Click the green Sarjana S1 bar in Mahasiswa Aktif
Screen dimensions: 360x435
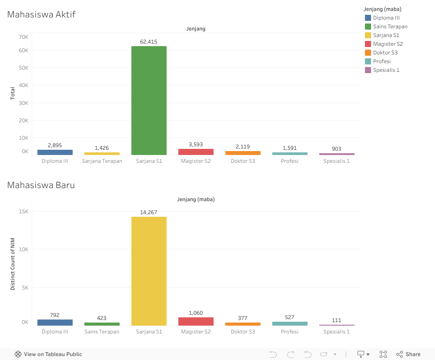click(149, 100)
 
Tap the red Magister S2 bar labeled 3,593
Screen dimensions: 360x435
click(196, 152)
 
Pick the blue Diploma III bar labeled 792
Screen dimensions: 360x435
click(55, 323)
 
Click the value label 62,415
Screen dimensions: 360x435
click(149, 42)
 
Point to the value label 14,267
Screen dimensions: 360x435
click(149, 212)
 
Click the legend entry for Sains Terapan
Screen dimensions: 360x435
click(390, 27)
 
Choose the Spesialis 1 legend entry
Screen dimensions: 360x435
click(386, 70)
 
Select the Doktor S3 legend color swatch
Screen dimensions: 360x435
click(368, 53)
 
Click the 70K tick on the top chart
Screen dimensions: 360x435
click(23, 37)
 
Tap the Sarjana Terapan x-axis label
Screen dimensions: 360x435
click(102, 161)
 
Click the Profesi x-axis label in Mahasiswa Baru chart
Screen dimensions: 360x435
click(290, 332)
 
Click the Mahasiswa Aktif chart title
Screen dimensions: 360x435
click(41, 14)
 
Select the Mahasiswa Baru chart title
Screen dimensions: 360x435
click(41, 185)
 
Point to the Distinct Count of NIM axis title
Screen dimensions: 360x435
click(13, 264)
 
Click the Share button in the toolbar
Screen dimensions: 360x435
click(408, 354)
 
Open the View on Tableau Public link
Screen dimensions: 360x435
click(48, 354)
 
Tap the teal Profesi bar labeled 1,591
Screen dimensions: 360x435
click(290, 154)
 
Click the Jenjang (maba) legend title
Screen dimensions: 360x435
click(382, 9)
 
